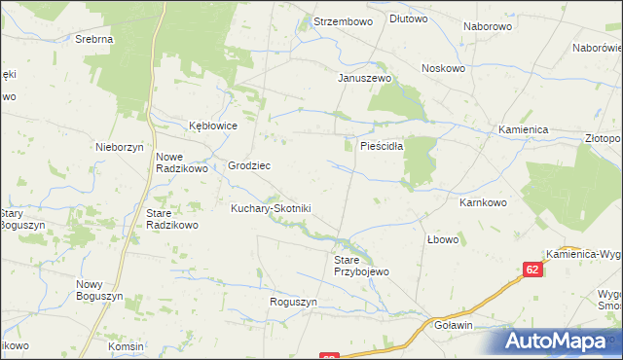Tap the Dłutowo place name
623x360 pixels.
coord(409,18)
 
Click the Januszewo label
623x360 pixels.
coord(364,78)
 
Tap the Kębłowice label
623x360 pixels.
coord(213,126)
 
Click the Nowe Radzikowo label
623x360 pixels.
coord(183,162)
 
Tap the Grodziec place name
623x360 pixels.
coord(249,165)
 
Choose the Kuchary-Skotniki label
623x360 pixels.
coord(270,208)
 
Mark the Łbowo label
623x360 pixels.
coord(443,238)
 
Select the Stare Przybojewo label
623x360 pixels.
coord(361,267)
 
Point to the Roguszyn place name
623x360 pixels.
coord(294,303)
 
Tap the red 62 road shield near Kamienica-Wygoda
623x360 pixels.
coord(532,270)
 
